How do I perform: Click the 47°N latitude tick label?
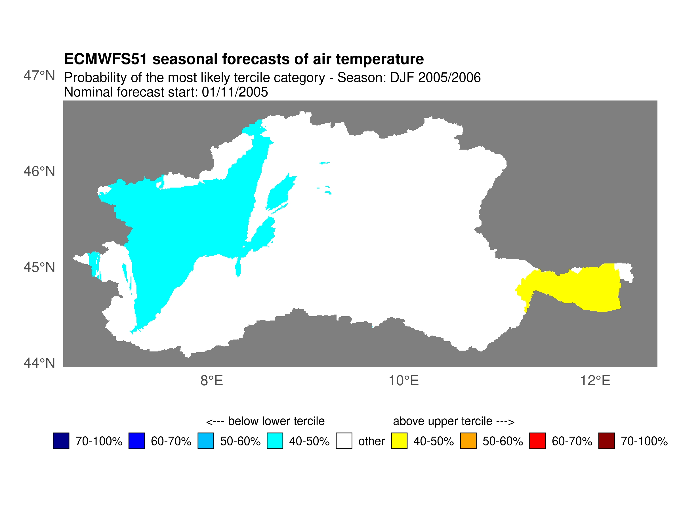pyautogui.click(x=39, y=76)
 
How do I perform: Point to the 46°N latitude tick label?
pyautogui.click(x=39, y=171)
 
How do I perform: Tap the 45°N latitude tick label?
pyautogui.click(x=39, y=267)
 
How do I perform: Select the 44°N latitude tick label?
pyautogui.click(x=39, y=363)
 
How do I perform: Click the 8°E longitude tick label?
pyautogui.click(x=211, y=381)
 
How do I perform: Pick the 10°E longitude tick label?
pyautogui.click(x=403, y=381)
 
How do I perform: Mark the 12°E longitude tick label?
pyautogui.click(x=595, y=381)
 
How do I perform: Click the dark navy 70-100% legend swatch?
pyautogui.click(x=61, y=441)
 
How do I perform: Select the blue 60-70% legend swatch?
pyautogui.click(x=137, y=441)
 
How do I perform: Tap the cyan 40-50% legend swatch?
pyautogui.click(x=275, y=441)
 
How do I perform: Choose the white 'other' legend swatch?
pyautogui.click(x=344, y=441)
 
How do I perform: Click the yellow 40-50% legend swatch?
pyautogui.click(x=399, y=441)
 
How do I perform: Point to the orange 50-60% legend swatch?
pyautogui.click(x=468, y=441)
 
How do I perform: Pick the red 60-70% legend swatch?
pyautogui.click(x=537, y=441)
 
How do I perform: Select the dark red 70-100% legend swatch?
pyautogui.click(x=606, y=441)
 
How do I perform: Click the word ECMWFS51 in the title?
pyautogui.click(x=105, y=59)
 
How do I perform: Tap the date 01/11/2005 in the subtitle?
pyautogui.click(x=235, y=92)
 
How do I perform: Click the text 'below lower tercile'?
pyautogui.click(x=276, y=421)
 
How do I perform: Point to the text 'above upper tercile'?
pyautogui.click(x=442, y=421)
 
